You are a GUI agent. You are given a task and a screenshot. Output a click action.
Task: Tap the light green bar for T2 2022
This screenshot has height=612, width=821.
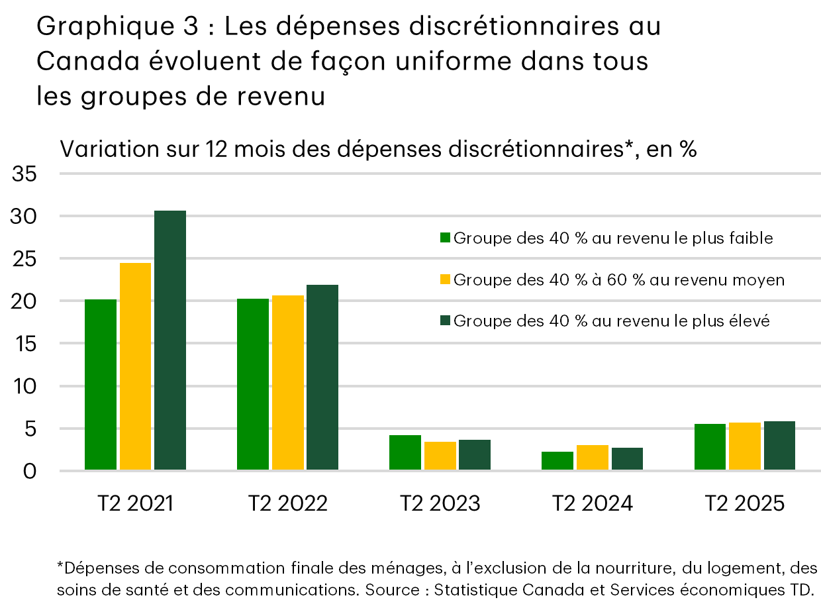tap(253, 384)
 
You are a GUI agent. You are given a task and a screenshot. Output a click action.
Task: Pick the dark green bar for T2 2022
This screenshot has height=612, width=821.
tap(322, 378)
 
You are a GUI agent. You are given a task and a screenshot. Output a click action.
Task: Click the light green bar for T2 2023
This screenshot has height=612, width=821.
tap(405, 453)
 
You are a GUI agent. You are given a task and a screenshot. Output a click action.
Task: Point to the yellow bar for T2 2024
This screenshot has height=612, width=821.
tap(593, 458)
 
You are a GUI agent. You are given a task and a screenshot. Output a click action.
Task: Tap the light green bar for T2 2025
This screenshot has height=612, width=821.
tap(710, 447)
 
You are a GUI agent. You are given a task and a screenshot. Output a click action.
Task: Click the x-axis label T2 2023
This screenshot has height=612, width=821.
tap(440, 503)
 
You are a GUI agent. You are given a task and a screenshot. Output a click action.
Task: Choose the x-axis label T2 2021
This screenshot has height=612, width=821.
tap(135, 503)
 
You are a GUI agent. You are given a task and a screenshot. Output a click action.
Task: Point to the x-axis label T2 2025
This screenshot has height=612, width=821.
tap(745, 503)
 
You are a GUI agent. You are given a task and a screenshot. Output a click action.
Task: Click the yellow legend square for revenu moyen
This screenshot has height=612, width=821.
tap(446, 280)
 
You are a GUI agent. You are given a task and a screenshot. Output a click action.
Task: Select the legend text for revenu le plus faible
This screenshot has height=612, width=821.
tap(613, 238)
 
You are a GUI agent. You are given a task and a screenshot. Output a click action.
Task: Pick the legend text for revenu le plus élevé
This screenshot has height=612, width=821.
tap(612, 321)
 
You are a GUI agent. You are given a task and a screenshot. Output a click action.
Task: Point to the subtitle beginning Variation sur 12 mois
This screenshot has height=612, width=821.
tap(378, 149)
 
